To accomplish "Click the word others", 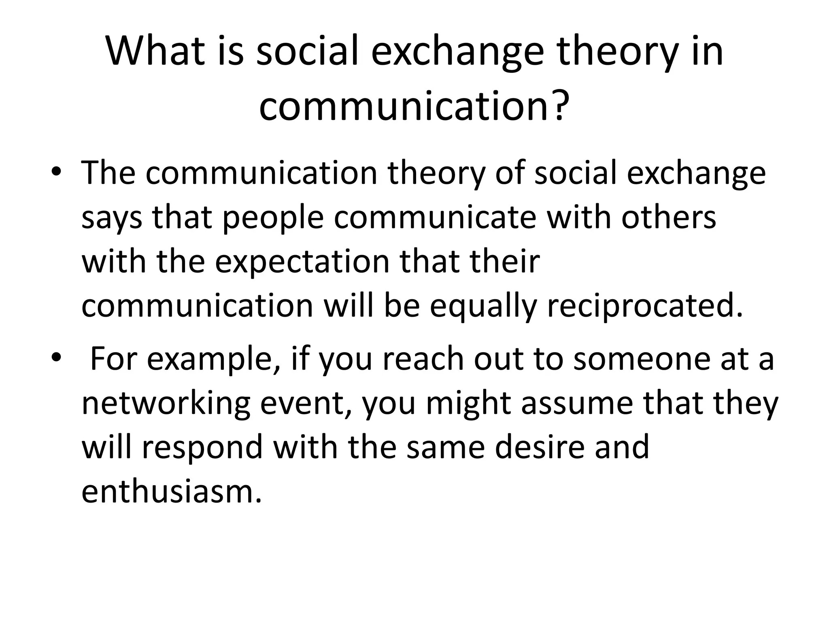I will (668, 217).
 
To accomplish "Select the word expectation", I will (302, 262).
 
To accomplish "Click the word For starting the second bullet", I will (113, 359).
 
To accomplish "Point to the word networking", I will (166, 404).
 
